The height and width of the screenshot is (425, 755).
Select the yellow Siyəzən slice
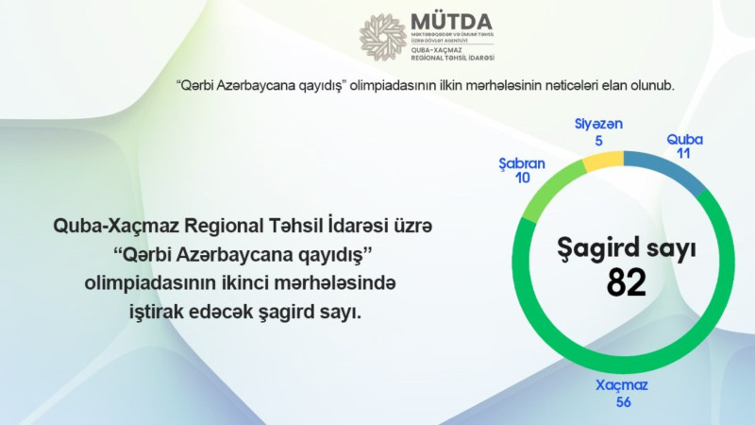click(599, 161)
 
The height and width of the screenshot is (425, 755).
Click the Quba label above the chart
click(684, 139)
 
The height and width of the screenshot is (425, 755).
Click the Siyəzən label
click(598, 125)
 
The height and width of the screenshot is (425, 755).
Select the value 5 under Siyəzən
click(598, 140)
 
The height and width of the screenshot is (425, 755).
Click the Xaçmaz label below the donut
click(621, 385)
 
